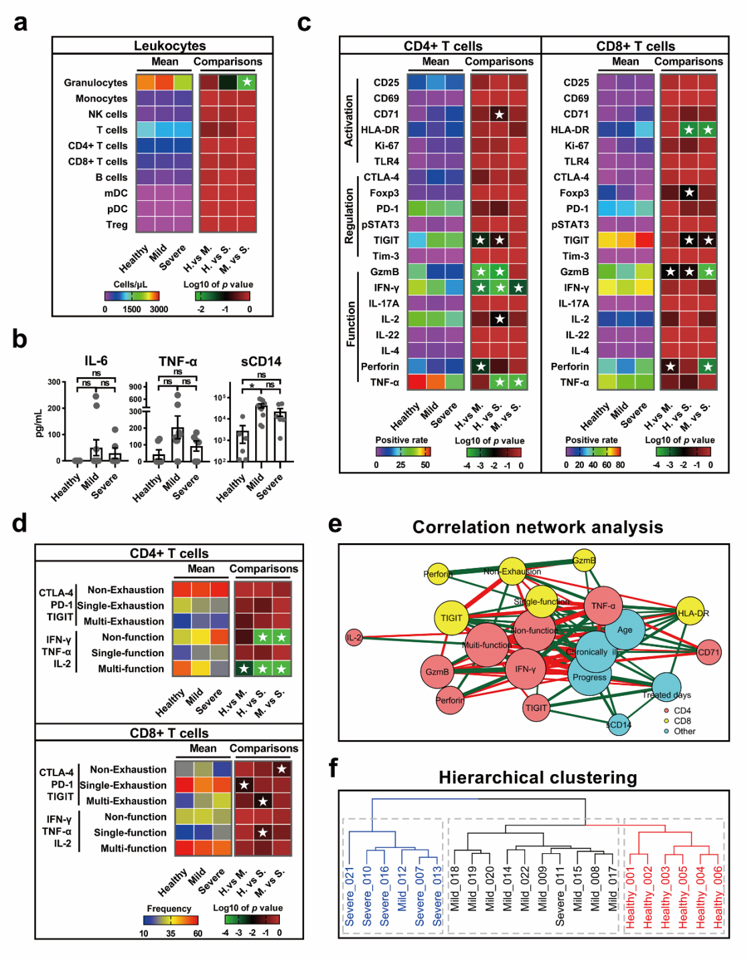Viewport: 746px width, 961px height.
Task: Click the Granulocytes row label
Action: tap(95, 82)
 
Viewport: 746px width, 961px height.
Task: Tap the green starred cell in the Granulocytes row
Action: tap(246, 82)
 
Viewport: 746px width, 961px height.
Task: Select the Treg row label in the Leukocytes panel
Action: tap(117, 224)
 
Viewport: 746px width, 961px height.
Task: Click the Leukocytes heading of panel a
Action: tap(169, 46)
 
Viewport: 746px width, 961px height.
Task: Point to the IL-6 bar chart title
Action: tap(96, 361)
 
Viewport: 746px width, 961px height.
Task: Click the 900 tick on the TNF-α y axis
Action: tap(135, 387)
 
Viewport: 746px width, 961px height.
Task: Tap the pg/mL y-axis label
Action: tap(38, 423)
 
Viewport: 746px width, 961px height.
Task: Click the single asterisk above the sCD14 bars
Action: tap(252, 386)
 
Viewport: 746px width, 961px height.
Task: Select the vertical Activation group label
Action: tap(348, 121)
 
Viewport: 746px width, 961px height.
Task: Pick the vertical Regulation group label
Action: tap(348, 216)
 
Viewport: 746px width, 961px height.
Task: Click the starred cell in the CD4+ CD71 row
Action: tap(499, 114)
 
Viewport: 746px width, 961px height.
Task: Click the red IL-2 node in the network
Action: tap(354, 638)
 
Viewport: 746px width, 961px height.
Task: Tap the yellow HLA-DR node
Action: tap(691, 613)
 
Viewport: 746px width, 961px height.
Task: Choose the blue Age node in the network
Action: tap(624, 630)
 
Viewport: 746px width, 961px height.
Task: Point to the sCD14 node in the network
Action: tap(619, 725)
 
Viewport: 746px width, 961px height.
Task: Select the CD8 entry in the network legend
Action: tap(682, 721)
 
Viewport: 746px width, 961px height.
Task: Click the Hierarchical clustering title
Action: tap(538, 778)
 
